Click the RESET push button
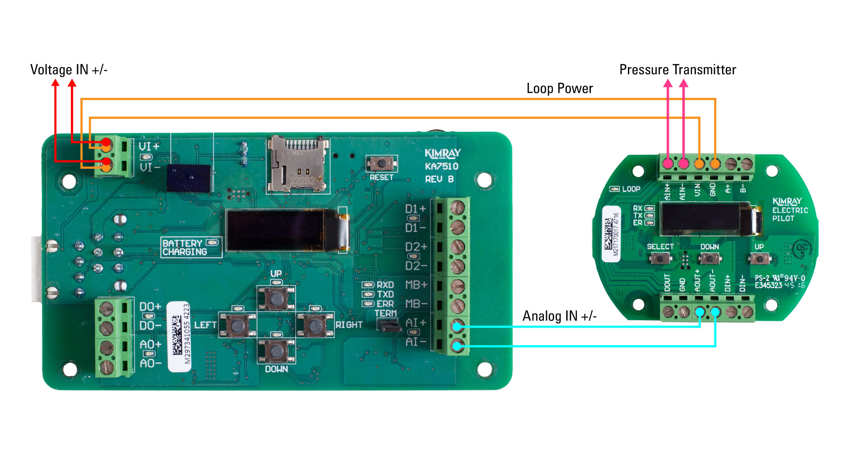pyautogui.click(x=381, y=163)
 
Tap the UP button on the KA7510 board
pyautogui.click(x=276, y=298)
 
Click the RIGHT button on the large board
pyautogui.click(x=315, y=325)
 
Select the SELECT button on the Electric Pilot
pyautogui.click(x=660, y=258)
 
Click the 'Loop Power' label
pyautogui.click(x=559, y=89)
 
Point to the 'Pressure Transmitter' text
pyautogui.click(x=677, y=70)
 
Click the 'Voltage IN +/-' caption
pyautogui.click(x=69, y=70)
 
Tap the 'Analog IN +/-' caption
pyautogui.click(x=559, y=316)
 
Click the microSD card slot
pyautogui.click(x=298, y=164)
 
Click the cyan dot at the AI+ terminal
pyautogui.click(x=457, y=326)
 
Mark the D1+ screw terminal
pyautogui.click(x=457, y=208)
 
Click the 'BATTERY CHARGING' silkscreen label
pyautogui.click(x=185, y=247)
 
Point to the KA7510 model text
pyautogui.click(x=441, y=166)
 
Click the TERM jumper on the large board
pyautogui.click(x=388, y=326)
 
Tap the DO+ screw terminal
pyautogui.click(x=106, y=309)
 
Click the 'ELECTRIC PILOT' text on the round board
pyautogui.click(x=790, y=214)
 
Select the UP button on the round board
pyautogui.click(x=759, y=258)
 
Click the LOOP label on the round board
pyautogui.click(x=631, y=189)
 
